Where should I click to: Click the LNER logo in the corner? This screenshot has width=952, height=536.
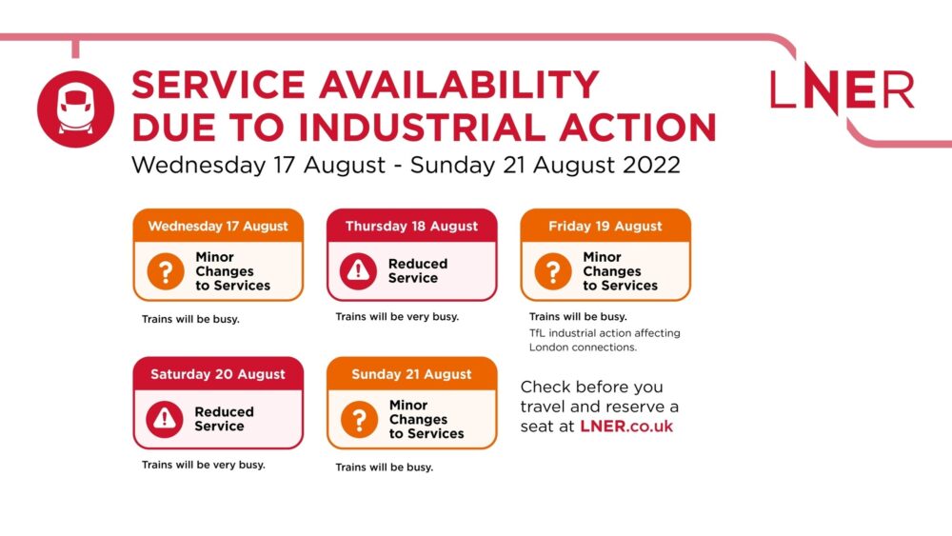click(x=843, y=89)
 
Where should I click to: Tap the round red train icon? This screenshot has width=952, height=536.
click(x=75, y=109)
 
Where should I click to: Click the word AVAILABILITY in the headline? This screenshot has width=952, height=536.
click(x=459, y=85)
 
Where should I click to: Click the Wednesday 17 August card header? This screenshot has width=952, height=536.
click(x=218, y=226)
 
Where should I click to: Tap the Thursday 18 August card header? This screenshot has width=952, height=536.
click(x=411, y=226)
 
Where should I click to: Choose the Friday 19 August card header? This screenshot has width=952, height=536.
click(x=605, y=226)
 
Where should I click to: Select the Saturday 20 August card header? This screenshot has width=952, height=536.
click(x=218, y=374)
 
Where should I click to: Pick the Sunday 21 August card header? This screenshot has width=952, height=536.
click(x=411, y=374)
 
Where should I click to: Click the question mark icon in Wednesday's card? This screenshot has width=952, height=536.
click(x=165, y=271)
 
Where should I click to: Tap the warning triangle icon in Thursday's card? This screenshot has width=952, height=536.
click(x=358, y=270)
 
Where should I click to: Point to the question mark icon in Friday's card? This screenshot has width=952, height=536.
click(x=552, y=271)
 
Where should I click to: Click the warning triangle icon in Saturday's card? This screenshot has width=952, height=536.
click(x=165, y=419)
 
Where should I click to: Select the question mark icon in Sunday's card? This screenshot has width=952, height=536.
click(x=359, y=420)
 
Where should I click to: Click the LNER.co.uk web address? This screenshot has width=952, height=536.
click(x=626, y=427)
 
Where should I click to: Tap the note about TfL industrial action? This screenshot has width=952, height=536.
click(x=605, y=340)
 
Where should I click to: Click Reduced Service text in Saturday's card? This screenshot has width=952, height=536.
click(x=224, y=419)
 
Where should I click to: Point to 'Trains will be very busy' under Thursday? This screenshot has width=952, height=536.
click(x=397, y=316)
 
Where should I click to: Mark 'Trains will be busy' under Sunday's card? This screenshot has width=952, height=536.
click(x=385, y=467)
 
